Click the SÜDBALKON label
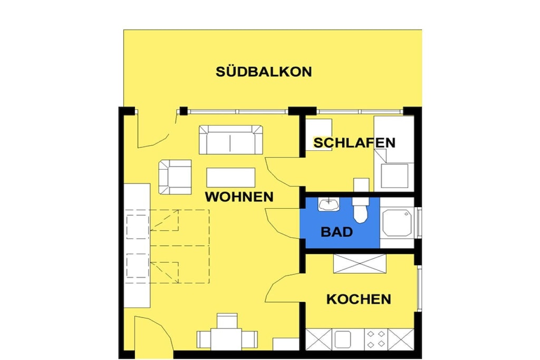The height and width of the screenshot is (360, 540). coord(264,72)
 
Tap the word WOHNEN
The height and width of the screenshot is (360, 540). coord(239,197)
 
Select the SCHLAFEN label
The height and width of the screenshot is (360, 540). coord(354,142)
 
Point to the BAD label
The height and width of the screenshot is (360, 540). coord(336,232)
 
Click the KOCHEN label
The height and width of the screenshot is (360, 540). coord(359,299)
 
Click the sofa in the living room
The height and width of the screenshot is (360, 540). coord(231,140)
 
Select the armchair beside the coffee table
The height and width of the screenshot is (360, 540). coord(175,177)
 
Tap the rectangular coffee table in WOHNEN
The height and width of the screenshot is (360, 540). coord(231,177)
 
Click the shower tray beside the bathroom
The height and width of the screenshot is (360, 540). coord(397,223)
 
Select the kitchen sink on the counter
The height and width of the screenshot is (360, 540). coord(343,339)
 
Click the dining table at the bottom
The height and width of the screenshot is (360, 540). coord(227,339)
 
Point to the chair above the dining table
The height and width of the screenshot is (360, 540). coord(227,321)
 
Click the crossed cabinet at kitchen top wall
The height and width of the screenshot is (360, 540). coord(360,264)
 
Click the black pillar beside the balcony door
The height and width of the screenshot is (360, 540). coord(184,111)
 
